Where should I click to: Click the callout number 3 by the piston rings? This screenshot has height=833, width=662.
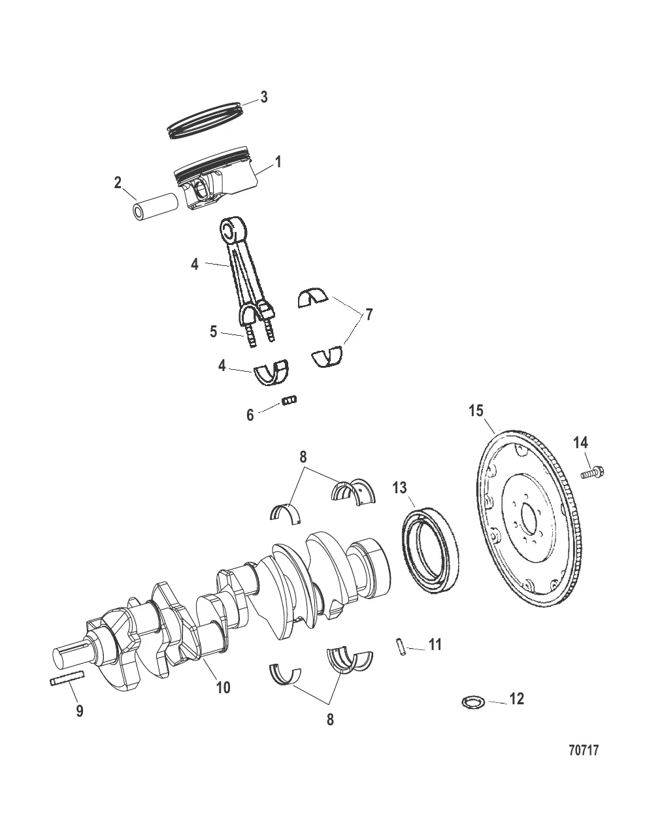263,97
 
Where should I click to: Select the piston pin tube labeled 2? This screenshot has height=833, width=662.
155,205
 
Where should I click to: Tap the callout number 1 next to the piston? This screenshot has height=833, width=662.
278,161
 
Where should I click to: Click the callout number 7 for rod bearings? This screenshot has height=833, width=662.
369,315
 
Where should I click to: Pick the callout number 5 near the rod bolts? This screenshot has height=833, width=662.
213,331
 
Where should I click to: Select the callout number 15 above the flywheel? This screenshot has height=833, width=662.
476,411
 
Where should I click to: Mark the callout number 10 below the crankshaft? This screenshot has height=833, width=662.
223,687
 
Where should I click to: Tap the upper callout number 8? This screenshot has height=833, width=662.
303,457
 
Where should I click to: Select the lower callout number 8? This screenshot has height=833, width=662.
330,719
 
